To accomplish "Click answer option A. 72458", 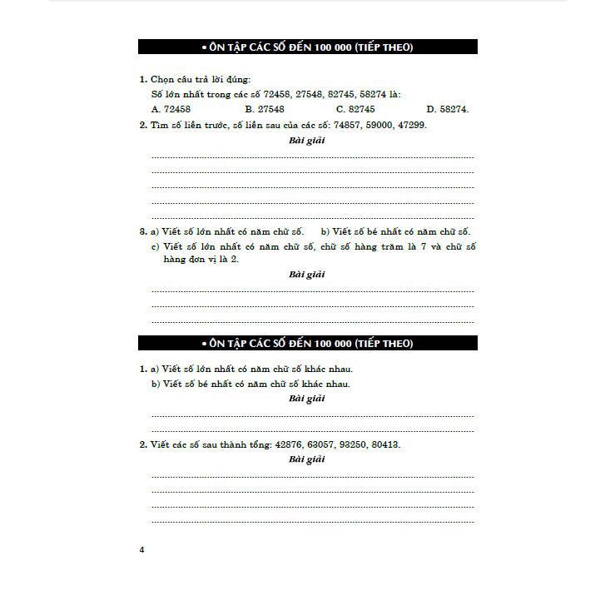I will [x=171, y=109].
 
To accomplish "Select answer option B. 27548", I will [x=265, y=109].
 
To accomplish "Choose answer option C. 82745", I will [x=355, y=109].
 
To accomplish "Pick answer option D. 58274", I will [x=448, y=109].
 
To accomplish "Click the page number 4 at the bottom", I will [x=142, y=549].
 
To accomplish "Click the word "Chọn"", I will [x=161, y=79].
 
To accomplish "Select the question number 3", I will [x=142, y=231].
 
